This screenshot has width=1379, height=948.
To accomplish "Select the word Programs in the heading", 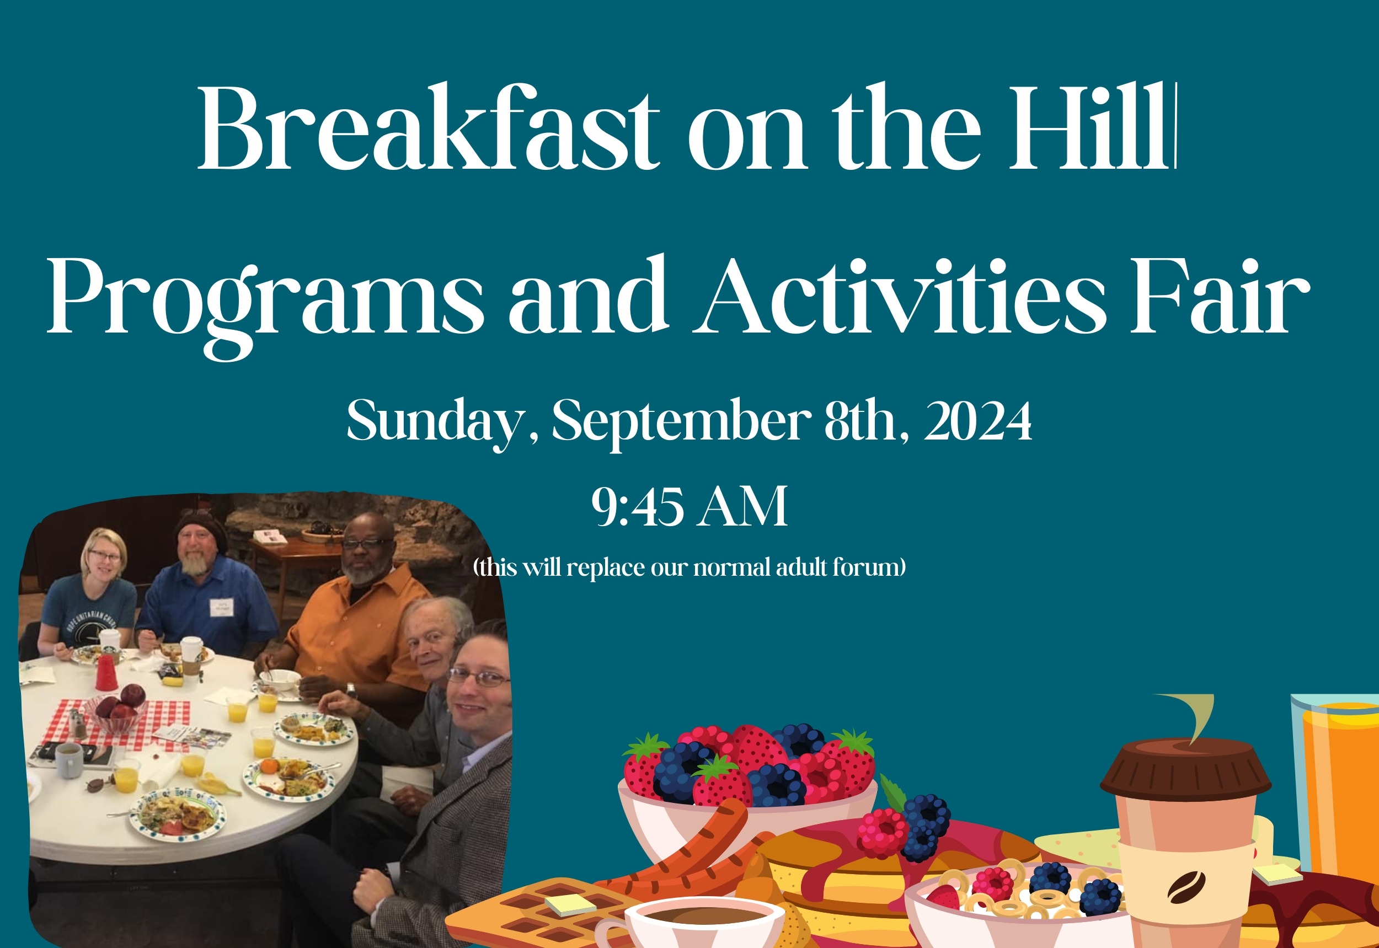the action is coord(265,303).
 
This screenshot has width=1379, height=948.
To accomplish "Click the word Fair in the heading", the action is coord(1219,297).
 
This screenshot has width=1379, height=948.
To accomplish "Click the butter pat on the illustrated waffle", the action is coord(570,905).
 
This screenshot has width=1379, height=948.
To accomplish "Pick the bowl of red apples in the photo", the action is coord(117,710).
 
